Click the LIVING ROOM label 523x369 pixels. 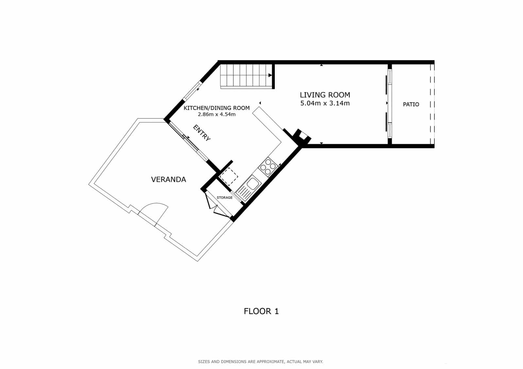(325, 95)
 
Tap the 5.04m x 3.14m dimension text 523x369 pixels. (325, 103)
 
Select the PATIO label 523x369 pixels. (411, 104)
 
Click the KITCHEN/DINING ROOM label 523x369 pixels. (216, 108)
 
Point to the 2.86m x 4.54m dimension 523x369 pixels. (216, 115)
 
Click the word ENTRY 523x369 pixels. (202, 133)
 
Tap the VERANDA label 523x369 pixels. (168, 179)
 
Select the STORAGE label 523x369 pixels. (225, 198)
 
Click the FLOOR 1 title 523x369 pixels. (261, 311)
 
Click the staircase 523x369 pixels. (245, 76)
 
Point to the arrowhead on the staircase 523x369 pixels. (270, 75)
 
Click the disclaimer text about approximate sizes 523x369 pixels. (261, 361)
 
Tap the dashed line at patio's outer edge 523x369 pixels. (432, 104)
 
